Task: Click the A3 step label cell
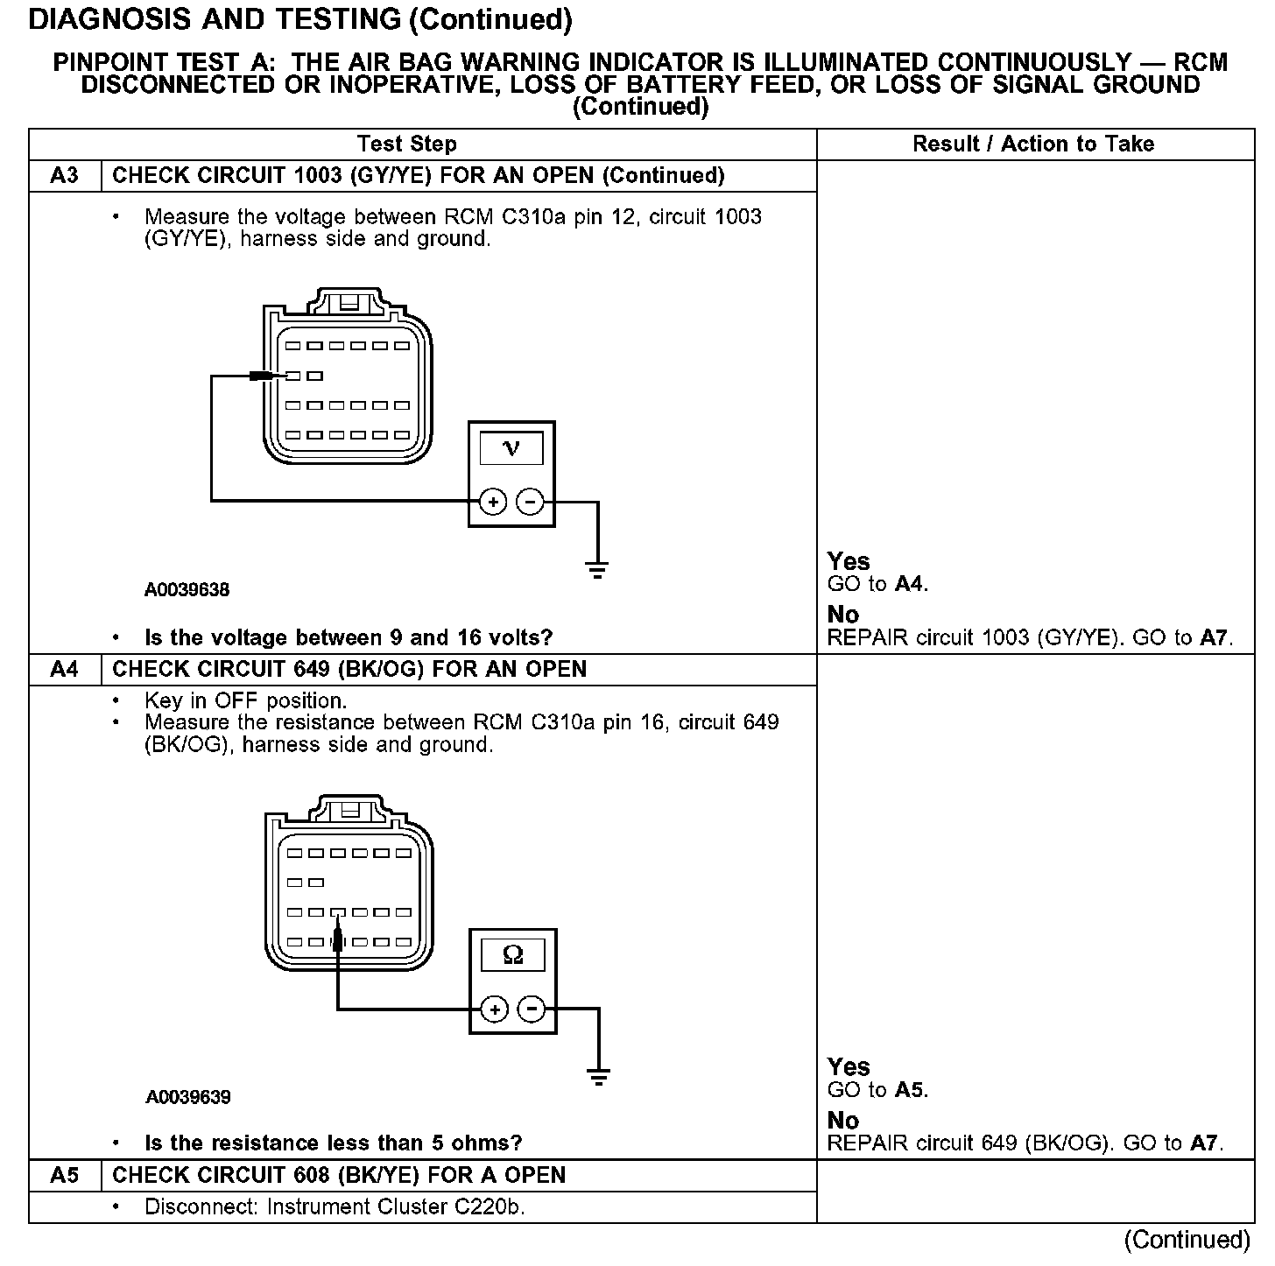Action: (65, 176)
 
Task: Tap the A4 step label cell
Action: (65, 670)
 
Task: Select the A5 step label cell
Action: (65, 1175)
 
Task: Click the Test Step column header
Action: (406, 144)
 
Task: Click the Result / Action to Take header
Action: (1033, 144)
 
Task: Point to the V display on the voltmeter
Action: (511, 449)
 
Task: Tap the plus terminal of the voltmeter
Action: (493, 502)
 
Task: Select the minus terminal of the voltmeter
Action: (531, 502)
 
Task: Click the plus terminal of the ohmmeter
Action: (495, 1009)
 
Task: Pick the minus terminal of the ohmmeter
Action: (532, 1009)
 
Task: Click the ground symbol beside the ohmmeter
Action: (599, 1076)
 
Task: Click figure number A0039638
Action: (187, 590)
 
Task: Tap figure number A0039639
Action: (188, 1097)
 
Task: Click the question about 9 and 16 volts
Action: (349, 637)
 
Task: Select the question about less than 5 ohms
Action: (333, 1143)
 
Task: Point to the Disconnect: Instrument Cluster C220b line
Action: (335, 1207)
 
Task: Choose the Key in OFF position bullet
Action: (245, 701)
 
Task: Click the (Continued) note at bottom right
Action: (1187, 1240)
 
